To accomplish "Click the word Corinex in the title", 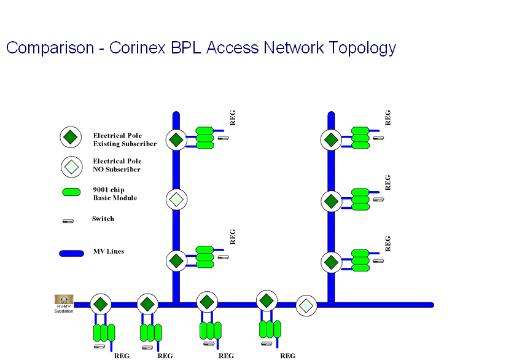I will pos(136,48).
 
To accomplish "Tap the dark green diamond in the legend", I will pos(71,137).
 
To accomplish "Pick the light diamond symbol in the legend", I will pos(71,166).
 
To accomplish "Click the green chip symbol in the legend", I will pos(72,192).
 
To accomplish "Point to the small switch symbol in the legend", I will pos(68,221).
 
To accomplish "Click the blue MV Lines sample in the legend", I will pos(71,253).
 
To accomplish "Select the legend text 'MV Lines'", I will pos(109,251).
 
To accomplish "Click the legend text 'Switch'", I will pos(103,219).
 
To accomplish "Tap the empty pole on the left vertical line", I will pos(176,199).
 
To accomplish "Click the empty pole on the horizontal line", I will pos(306,305).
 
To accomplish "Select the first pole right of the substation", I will pos(100,303).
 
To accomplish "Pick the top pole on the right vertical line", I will pos(331,139).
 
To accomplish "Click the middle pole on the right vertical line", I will pos(331,201).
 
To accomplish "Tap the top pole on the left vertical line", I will pos(176,139).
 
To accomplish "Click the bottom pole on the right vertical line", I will pos(331,262).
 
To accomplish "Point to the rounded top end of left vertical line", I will pos(176,115).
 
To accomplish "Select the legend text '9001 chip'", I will pos(109,190).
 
